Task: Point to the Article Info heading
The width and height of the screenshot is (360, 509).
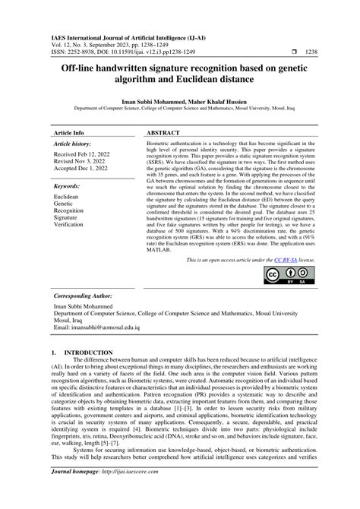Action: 68,131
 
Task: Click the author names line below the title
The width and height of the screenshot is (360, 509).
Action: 180,100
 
